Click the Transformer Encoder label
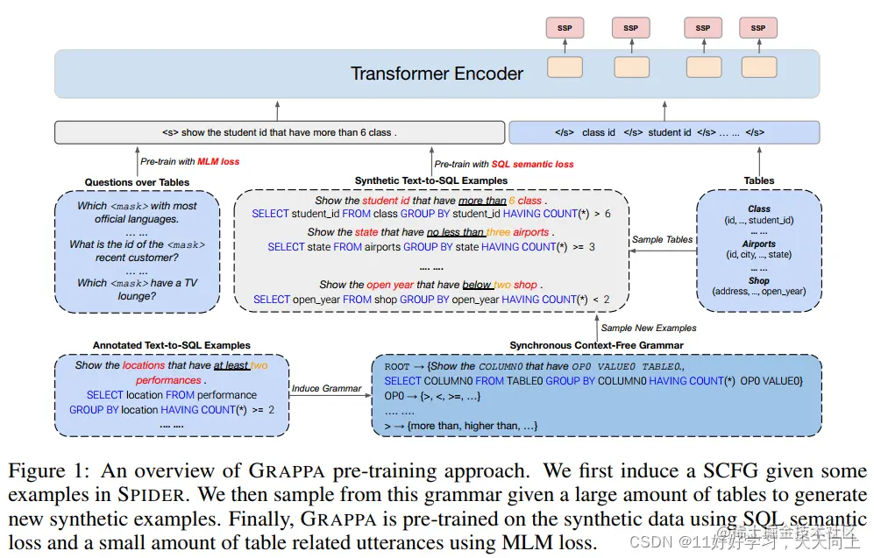437,74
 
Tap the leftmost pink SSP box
565,28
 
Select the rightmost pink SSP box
758,28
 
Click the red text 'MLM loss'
218,162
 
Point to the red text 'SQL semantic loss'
533,164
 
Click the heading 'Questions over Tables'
137,182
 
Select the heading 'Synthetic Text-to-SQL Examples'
431,181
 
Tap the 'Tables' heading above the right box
759,181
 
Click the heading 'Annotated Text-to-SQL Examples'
172,345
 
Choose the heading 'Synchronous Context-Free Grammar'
597,346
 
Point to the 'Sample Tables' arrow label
662,239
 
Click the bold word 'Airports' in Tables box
759,244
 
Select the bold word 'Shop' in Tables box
759,281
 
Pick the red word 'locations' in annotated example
144,365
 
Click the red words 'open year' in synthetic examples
390,285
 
